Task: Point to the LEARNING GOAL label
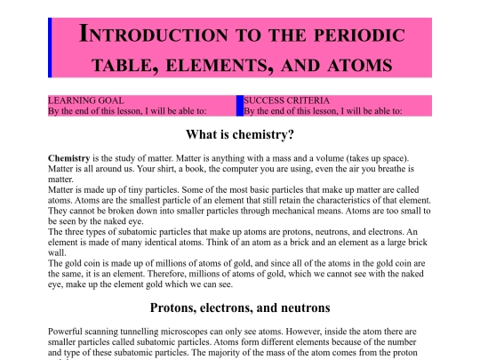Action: (85, 101)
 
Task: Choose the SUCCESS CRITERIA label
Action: (286, 101)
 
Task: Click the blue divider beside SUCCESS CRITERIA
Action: (239, 106)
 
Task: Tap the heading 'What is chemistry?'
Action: (240, 136)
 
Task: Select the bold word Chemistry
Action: (69, 157)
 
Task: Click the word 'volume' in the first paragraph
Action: (340, 157)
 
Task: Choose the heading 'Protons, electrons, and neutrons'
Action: (240, 308)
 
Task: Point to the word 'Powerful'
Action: (67, 331)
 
